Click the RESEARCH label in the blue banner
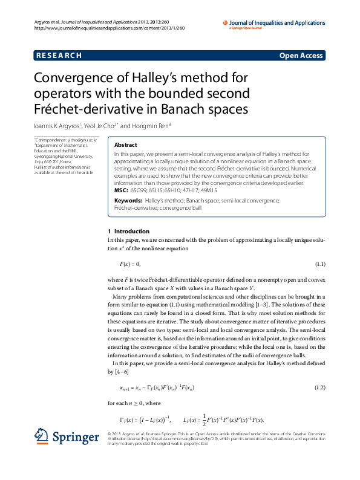click(x=59, y=56)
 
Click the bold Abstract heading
click(x=125, y=145)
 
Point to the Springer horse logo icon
click(x=41, y=435)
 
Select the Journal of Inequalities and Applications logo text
click(x=277, y=23)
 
